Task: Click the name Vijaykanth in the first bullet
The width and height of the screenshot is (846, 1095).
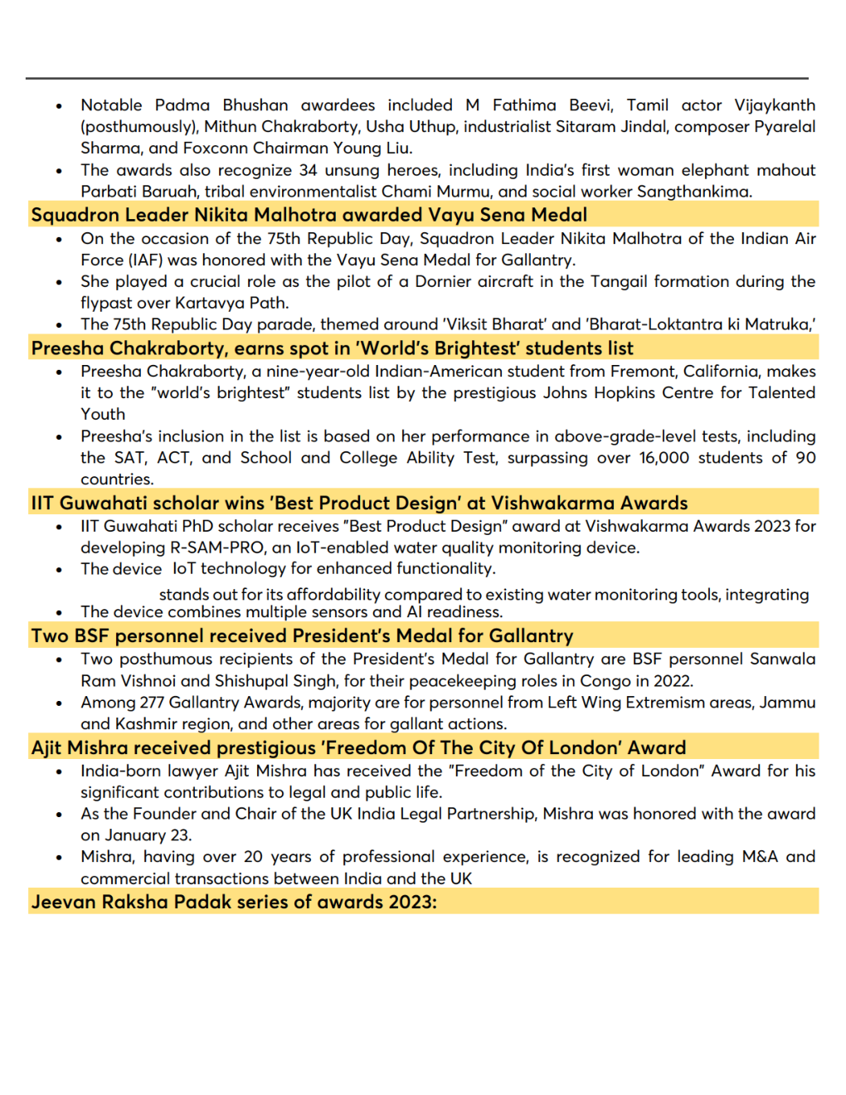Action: pyautogui.click(x=775, y=105)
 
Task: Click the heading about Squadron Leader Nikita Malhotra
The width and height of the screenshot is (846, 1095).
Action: pyautogui.click(x=309, y=215)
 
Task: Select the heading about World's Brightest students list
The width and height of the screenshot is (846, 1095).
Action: pyautogui.click(x=332, y=348)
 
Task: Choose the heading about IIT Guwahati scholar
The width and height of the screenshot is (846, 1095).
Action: pyautogui.click(x=359, y=504)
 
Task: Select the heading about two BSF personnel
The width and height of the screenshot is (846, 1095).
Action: pyautogui.click(x=302, y=636)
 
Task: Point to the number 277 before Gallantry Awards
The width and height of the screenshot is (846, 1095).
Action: pyautogui.click(x=152, y=703)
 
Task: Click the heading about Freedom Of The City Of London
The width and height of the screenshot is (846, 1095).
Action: pyautogui.click(x=358, y=748)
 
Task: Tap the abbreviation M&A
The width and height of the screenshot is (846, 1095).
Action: pyautogui.click(x=759, y=857)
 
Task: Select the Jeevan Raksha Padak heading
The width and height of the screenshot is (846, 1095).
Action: pyautogui.click(x=234, y=903)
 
